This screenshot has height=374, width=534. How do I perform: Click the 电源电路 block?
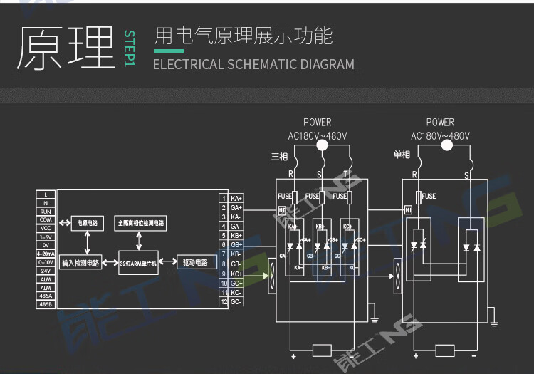coord(87,223)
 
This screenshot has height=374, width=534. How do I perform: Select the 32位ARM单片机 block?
coord(138,262)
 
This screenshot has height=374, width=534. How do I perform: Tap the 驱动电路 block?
coord(196,262)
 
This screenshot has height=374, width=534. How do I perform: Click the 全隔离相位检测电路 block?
coord(141,223)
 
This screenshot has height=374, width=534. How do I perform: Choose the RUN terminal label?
coord(46,212)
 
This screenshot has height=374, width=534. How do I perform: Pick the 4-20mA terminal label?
coord(46,254)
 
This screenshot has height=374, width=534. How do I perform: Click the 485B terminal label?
coord(46,304)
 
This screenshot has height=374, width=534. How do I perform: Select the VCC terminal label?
coord(46,228)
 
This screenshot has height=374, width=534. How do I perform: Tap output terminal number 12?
coord(223,301)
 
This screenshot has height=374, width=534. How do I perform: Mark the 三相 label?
coord(279,155)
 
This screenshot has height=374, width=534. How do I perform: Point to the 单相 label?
coord(402,155)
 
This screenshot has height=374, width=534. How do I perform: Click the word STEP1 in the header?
coord(129,49)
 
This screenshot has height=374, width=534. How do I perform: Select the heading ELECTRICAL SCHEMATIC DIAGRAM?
coord(253,64)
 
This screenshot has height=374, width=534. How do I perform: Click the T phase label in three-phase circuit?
coord(346,174)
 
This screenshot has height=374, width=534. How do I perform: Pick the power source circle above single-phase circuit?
coord(446,146)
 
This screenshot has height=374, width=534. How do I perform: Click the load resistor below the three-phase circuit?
coord(323,350)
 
